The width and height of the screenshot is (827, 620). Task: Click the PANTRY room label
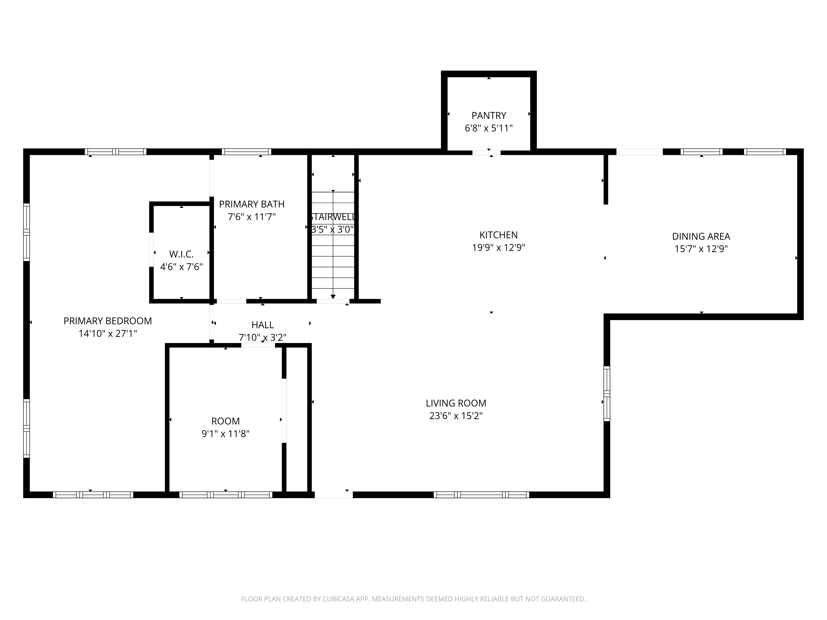point(489,116)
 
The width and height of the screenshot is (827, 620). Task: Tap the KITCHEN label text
point(498,235)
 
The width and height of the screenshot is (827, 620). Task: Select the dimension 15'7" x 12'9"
point(701,249)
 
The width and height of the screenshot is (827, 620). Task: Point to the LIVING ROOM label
point(456,403)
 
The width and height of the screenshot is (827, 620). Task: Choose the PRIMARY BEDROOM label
point(108,321)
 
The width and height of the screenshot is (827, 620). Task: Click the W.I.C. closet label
point(181,254)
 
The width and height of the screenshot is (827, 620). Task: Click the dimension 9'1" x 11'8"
point(225,434)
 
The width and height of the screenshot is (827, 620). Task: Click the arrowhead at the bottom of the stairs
point(333,297)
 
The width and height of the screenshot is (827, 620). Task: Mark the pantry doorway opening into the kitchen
point(486,153)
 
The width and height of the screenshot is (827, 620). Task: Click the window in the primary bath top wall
point(246,152)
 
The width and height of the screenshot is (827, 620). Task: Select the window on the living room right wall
point(607,393)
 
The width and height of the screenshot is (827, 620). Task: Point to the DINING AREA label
point(701,237)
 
